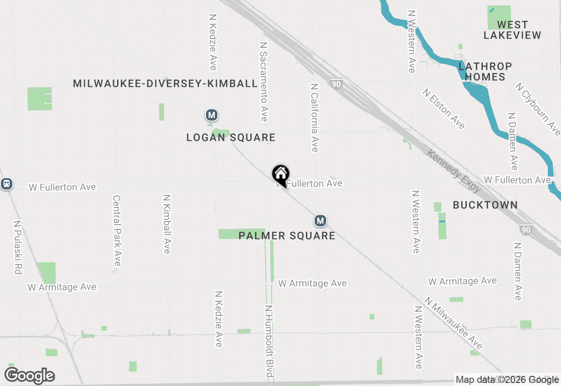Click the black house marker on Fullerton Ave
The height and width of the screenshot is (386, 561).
(280, 175)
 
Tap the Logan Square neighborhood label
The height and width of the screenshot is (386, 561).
(231, 138)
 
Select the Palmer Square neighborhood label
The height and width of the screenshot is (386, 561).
(287, 236)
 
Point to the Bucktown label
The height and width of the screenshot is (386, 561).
(485, 205)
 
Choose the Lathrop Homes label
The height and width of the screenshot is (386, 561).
(485, 71)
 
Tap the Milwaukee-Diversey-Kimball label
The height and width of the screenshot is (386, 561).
(165, 83)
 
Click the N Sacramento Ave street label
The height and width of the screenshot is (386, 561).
(263, 82)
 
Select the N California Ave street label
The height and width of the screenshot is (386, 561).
(314, 118)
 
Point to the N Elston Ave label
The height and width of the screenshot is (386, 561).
(444, 109)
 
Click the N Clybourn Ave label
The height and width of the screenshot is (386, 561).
(538, 110)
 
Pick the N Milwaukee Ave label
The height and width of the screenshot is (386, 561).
(453, 323)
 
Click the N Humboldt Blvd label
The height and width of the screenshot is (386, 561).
(269, 341)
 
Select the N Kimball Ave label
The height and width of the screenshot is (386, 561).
(167, 224)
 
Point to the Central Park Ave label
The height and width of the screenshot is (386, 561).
(117, 230)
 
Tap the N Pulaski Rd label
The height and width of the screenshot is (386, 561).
(18, 247)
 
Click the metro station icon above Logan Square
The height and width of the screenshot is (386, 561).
(212, 115)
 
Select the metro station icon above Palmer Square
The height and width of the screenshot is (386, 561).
(320, 221)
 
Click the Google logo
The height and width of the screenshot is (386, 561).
(30, 376)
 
